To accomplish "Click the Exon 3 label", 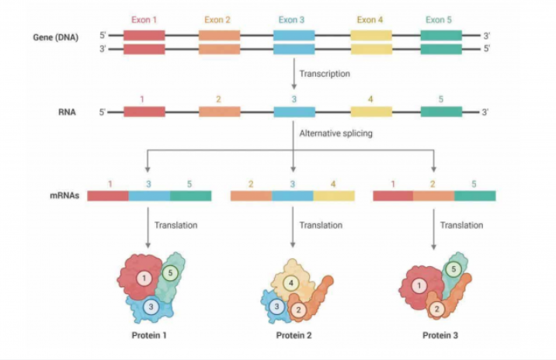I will tap(294, 19).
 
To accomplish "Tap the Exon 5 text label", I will tap(441, 19).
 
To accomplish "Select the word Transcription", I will tap(325, 74).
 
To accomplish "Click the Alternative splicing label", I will tap(335, 133).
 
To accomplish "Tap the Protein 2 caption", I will tap(294, 336).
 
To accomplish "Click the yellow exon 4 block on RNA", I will tap(370, 112).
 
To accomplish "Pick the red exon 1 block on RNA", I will tap(144, 112).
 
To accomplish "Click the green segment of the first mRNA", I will tap(190, 196).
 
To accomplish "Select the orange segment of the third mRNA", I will tap(433, 196).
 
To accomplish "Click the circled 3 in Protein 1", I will tap(152, 306).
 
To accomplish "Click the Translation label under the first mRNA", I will tap(175, 225).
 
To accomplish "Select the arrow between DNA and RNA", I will tap(294, 74).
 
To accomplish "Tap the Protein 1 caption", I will tap(148, 336).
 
